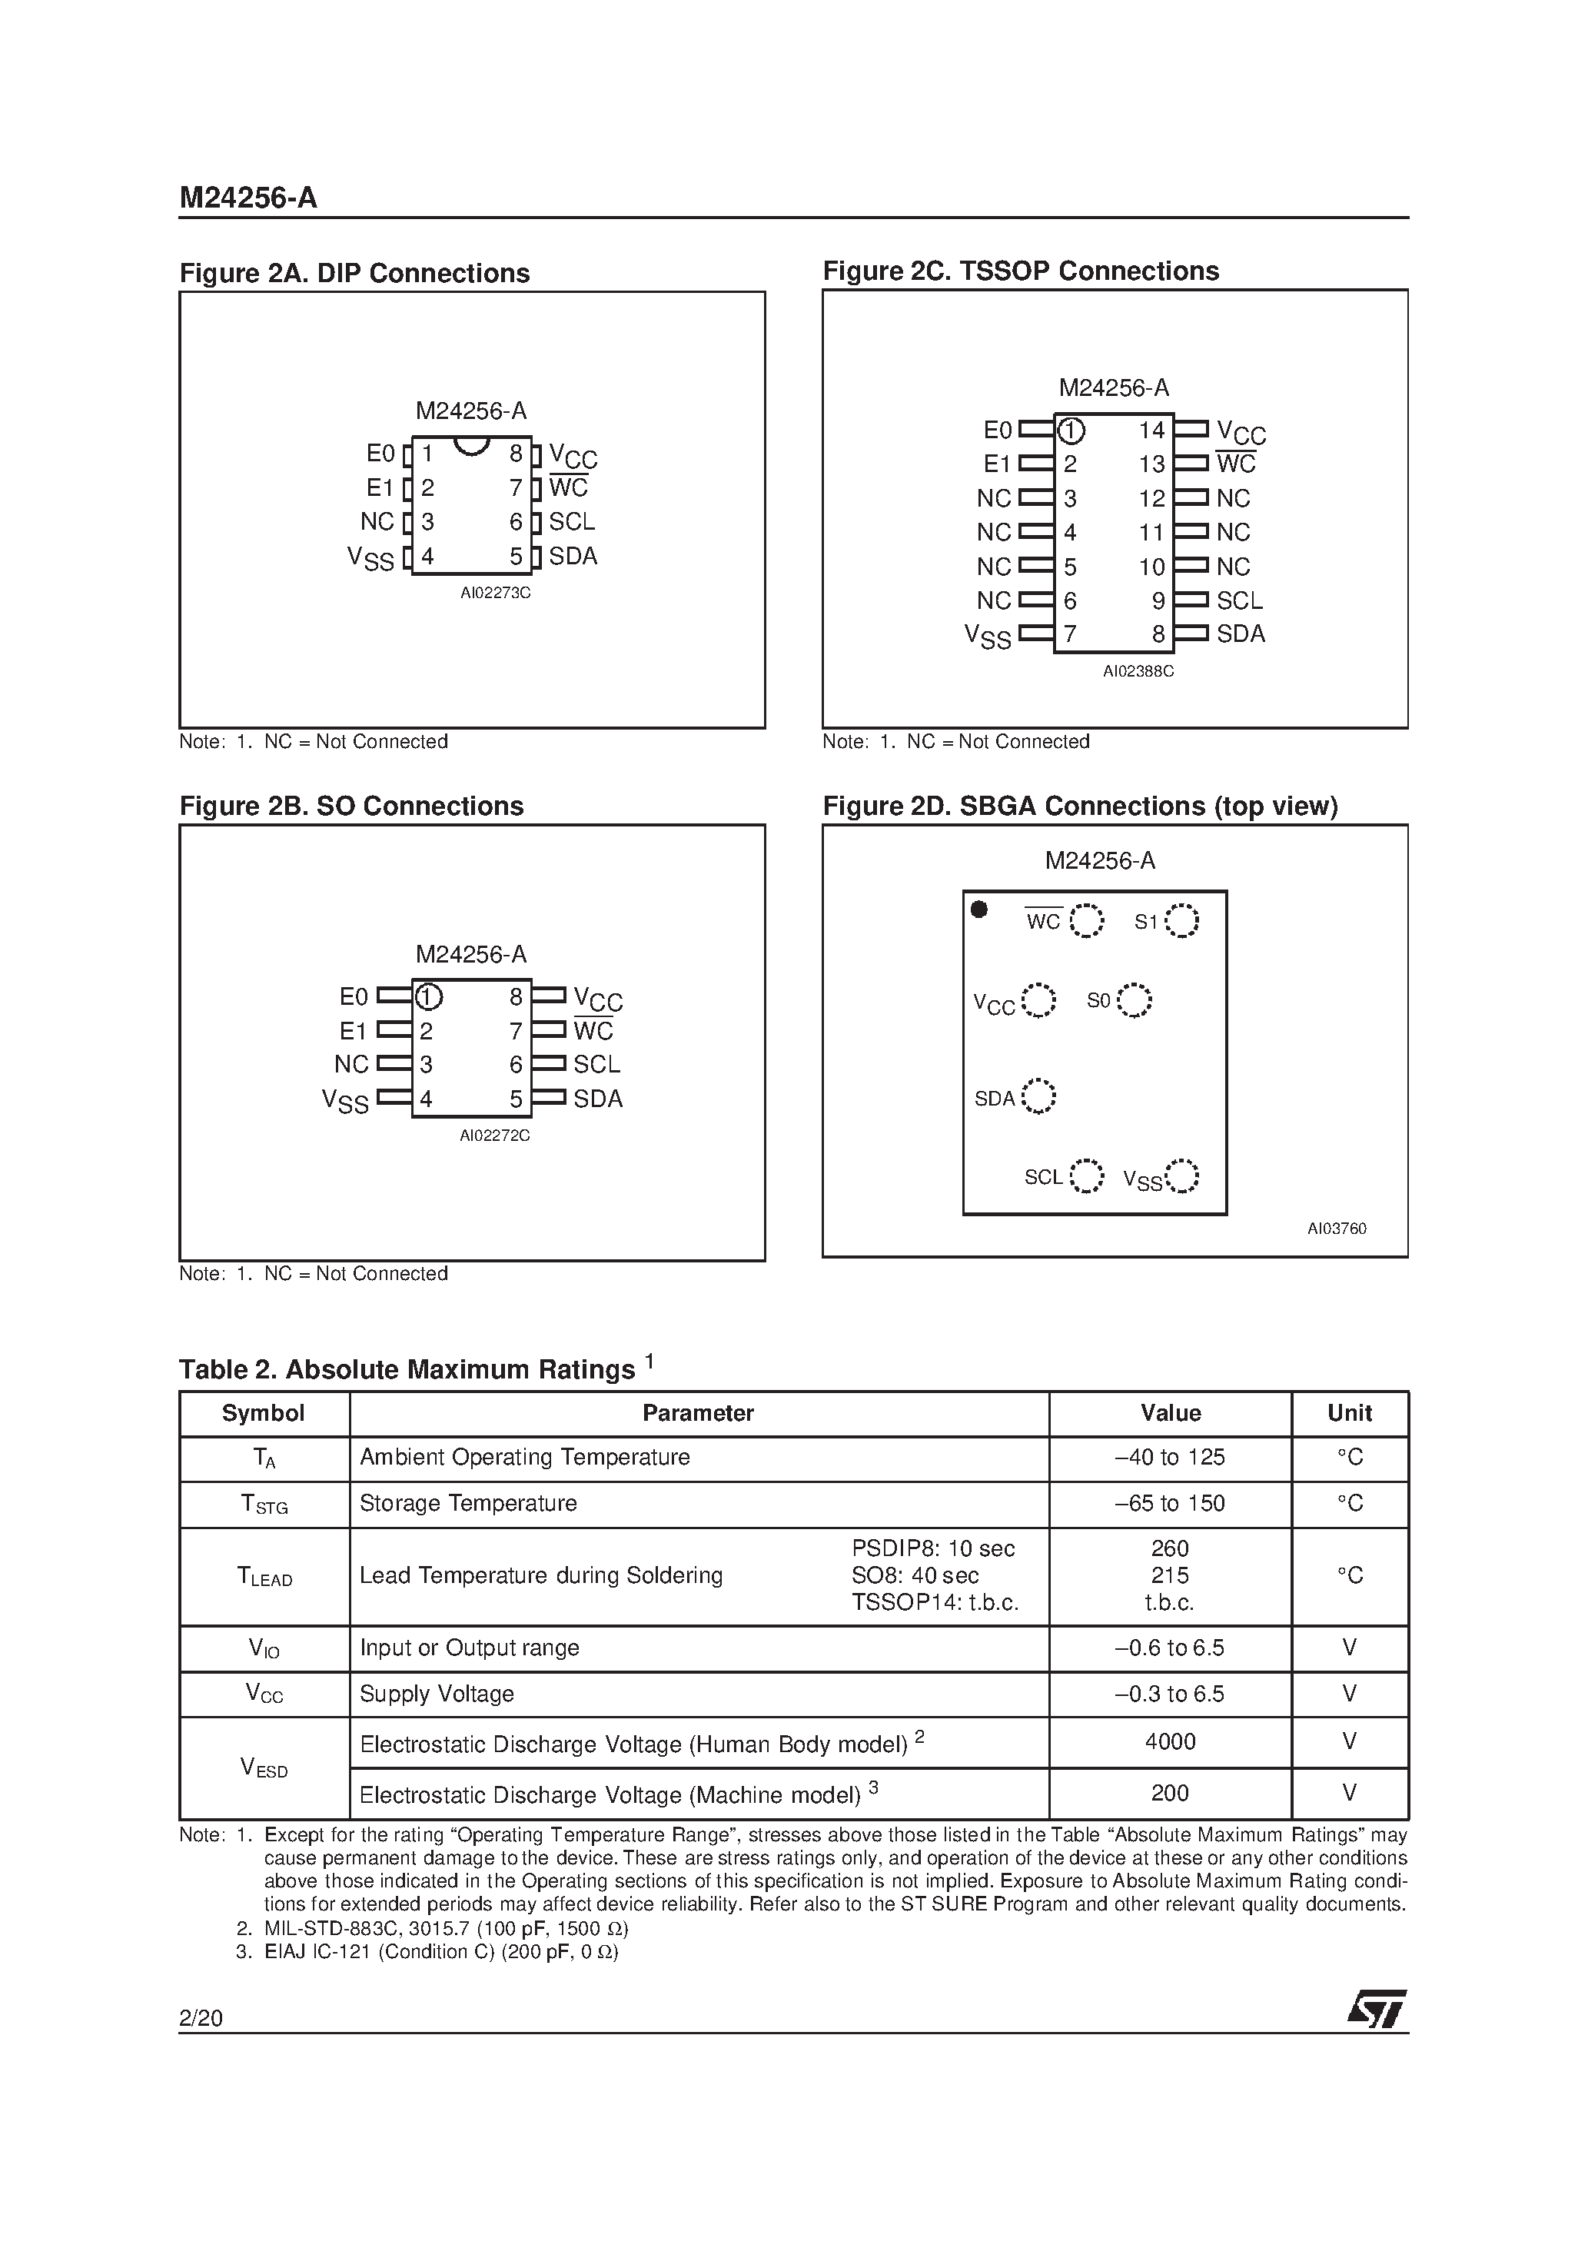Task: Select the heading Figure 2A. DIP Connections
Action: coord(354,273)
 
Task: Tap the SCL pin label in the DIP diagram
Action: coord(572,522)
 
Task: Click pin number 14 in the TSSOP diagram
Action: coord(1152,430)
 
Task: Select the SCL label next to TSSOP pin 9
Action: coord(1240,600)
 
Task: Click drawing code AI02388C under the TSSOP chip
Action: coord(1138,672)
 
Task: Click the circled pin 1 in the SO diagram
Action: coord(429,996)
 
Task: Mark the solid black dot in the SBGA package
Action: coord(978,910)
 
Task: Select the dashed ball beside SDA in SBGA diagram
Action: coord(1038,1096)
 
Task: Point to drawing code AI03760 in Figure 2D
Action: coord(1337,1229)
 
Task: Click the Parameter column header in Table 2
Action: coord(698,1413)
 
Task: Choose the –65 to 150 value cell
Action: coord(1170,1503)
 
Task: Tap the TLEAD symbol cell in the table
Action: coord(264,1575)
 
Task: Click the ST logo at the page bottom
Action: coord(1376,2010)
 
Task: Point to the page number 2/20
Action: coord(201,2018)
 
